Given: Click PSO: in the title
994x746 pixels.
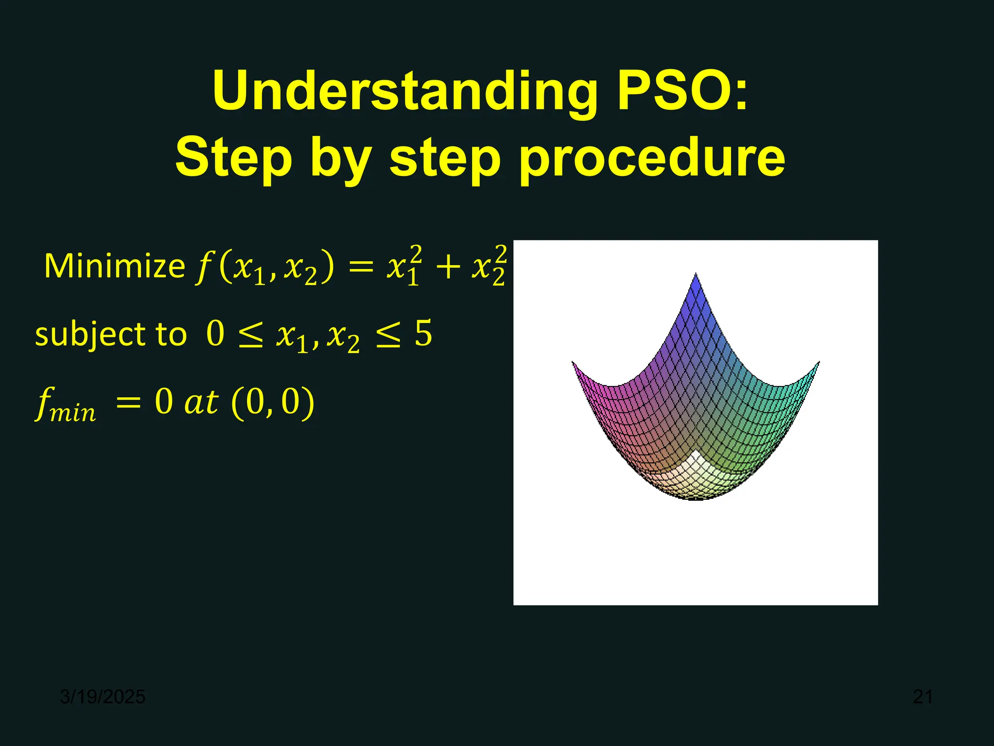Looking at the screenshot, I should click(x=682, y=91).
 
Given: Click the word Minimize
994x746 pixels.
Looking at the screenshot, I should click(x=115, y=266).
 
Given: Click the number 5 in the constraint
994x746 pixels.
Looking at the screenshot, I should click(x=423, y=334).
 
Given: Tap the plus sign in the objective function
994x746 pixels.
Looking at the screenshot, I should click(x=447, y=267).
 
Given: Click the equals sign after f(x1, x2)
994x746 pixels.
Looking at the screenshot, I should click(x=361, y=267).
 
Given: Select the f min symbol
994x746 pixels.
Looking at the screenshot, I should click(x=66, y=405).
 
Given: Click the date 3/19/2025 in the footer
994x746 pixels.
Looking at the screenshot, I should click(x=102, y=696).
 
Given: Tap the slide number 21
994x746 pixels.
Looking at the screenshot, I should click(x=923, y=696).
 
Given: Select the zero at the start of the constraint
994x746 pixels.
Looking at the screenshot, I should click(x=215, y=334).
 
